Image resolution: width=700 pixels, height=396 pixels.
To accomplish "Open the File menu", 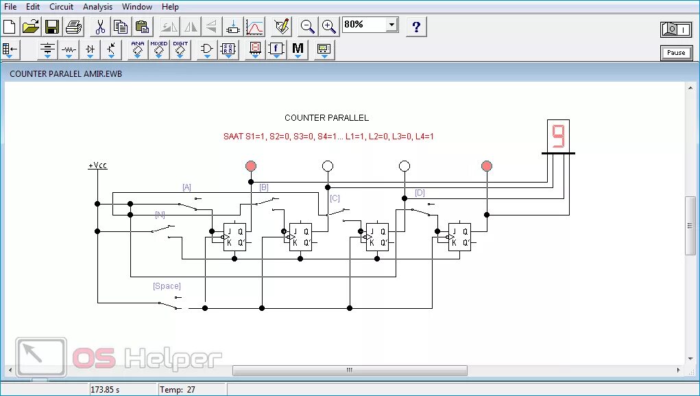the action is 10,7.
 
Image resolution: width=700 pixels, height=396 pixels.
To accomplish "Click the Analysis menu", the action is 97,7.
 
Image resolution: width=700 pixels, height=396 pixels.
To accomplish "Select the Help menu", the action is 170,7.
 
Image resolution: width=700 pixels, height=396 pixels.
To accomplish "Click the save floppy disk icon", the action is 52,27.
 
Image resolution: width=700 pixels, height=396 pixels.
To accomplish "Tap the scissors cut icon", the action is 100,27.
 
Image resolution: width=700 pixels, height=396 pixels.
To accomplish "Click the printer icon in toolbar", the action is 73,27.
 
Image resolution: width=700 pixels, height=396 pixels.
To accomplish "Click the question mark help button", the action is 417,27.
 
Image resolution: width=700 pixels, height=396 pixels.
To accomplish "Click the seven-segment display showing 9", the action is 558,136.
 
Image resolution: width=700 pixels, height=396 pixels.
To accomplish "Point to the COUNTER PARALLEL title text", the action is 326,118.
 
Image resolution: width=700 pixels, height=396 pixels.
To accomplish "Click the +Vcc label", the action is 97,165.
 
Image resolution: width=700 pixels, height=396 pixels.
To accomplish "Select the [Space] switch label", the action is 167,286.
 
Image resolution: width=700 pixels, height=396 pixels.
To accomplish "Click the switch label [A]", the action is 186,187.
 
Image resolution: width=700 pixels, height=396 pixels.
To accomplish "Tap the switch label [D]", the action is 420,193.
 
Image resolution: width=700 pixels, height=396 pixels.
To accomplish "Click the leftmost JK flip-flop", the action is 234,237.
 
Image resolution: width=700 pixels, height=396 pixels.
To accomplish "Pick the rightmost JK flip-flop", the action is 459,237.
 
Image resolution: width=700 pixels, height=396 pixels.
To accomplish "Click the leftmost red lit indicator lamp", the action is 251,166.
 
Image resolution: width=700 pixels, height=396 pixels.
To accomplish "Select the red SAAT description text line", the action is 328,137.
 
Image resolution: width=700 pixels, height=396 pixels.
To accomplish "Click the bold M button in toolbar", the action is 298,49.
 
